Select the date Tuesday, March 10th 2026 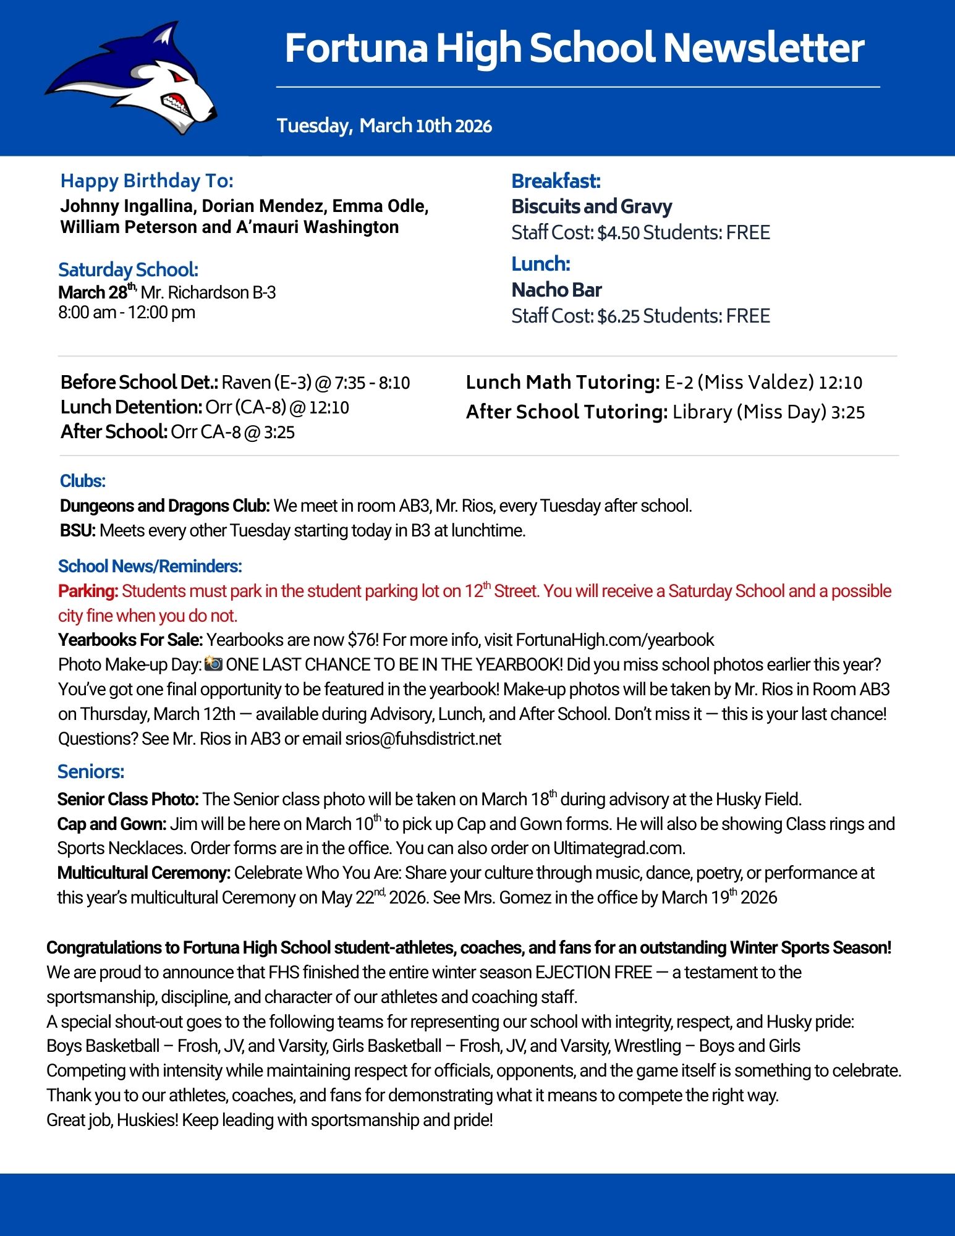coord(384,125)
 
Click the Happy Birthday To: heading coord(147,180)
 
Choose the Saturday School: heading coord(128,269)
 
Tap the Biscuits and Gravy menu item coord(592,206)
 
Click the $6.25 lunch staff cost coord(618,316)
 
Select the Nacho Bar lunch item coord(556,290)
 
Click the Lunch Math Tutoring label coord(562,383)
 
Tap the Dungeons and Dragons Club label coord(164,506)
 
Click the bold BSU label coord(77,531)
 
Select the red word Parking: coord(88,591)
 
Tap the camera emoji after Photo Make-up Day coord(213,664)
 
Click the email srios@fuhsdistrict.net coord(423,739)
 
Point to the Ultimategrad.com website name coord(618,848)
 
